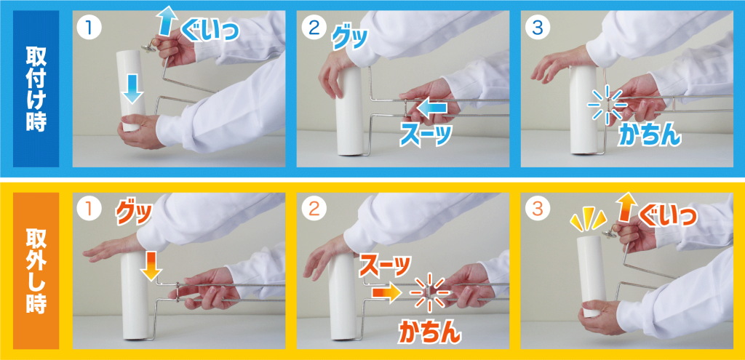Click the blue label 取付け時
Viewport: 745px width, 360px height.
[36, 89]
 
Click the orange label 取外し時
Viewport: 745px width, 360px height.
[36, 271]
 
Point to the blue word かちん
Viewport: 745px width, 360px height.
[650, 135]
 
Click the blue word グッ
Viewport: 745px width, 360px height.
[348, 39]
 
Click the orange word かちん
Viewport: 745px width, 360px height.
[429, 332]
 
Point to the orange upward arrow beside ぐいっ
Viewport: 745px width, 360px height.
[627, 207]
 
